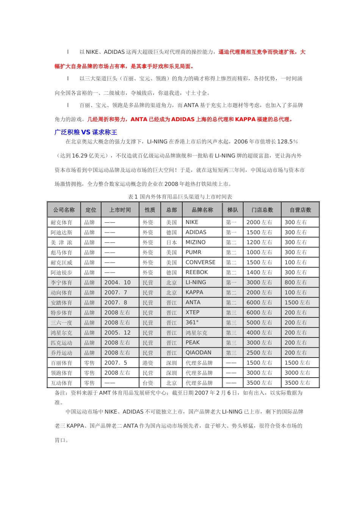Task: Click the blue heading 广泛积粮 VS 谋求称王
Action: click(86, 132)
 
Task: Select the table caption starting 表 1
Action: click(180, 197)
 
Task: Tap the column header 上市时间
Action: click(120, 210)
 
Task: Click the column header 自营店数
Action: click(301, 210)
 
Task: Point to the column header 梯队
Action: click(233, 210)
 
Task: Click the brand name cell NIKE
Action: click(192, 222)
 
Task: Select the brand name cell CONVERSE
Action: click(200, 262)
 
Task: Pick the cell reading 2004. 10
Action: click(117, 283)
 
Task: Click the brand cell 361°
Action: click(192, 323)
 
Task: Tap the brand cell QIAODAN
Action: click(199, 353)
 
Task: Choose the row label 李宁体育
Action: click(61, 283)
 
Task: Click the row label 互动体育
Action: click(61, 383)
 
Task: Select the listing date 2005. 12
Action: click(117, 333)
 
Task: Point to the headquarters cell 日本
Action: click(171, 242)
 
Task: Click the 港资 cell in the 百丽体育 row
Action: click(148, 363)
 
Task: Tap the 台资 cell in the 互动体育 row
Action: click(148, 383)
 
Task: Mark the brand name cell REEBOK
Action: click(197, 272)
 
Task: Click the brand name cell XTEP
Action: click(193, 312)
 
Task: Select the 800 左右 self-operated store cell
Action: click(296, 283)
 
